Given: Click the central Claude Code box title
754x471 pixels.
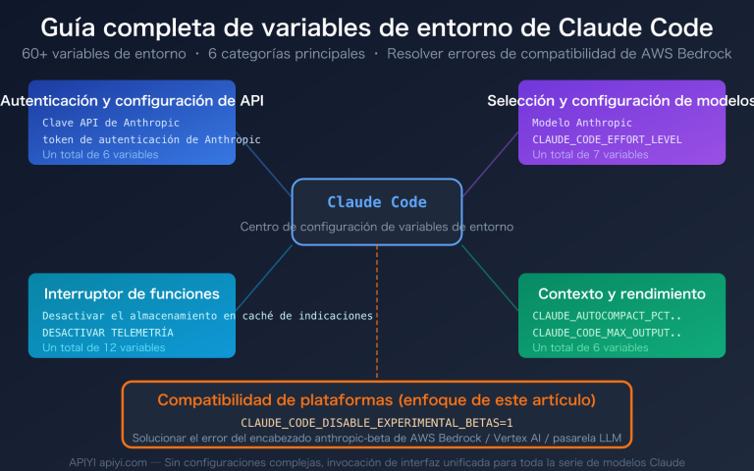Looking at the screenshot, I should [x=377, y=202].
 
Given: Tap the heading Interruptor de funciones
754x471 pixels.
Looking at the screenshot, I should [x=132, y=293].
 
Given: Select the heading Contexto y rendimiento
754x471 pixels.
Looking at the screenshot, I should [x=621, y=293].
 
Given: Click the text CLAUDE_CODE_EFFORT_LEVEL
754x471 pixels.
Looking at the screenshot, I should [x=607, y=139].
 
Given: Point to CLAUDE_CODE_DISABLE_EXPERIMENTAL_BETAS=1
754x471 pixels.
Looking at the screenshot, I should [x=377, y=421].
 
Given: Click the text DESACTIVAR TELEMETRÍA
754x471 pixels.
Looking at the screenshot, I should [x=108, y=333].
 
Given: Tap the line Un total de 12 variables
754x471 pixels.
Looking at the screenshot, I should [x=104, y=348].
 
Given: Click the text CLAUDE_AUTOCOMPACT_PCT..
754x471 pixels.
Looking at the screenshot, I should [x=602, y=317].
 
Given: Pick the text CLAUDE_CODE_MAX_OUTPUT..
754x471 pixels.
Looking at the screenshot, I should [x=602, y=333].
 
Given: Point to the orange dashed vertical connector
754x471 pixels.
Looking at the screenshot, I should [x=377, y=314].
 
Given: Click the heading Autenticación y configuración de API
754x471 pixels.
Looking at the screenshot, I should [x=133, y=100].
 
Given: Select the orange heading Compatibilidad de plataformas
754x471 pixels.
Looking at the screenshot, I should [x=377, y=400].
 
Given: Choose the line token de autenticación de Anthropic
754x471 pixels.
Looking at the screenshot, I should [x=151, y=139].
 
